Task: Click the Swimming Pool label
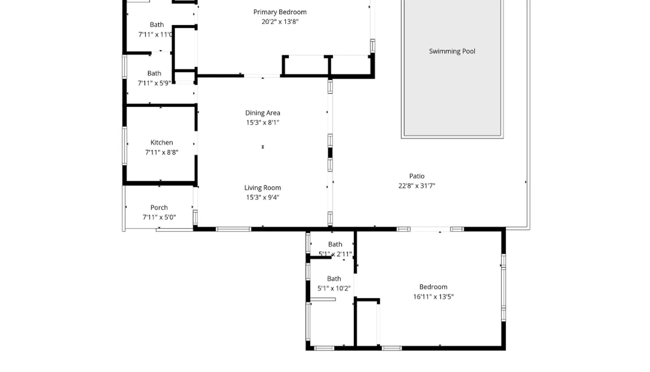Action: (x=452, y=51)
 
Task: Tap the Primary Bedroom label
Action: (x=280, y=12)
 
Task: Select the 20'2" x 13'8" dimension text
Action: (x=280, y=22)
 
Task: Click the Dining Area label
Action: (x=262, y=113)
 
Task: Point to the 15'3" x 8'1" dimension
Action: (x=262, y=123)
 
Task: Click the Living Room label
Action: (x=262, y=188)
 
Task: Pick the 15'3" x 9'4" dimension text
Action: (x=262, y=197)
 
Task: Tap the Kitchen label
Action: (x=162, y=142)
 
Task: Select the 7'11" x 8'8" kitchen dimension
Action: (x=162, y=152)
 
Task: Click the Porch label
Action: (x=159, y=208)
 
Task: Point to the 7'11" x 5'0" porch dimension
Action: (x=159, y=217)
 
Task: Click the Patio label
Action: (x=417, y=176)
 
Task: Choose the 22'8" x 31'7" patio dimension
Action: (x=417, y=186)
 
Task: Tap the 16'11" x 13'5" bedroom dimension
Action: (x=433, y=297)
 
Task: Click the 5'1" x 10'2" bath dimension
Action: (x=334, y=288)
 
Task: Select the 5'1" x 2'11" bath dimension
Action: (x=335, y=254)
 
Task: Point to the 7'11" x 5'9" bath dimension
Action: (x=154, y=83)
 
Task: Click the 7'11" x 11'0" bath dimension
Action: (x=156, y=35)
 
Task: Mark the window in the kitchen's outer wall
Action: (x=124, y=146)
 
